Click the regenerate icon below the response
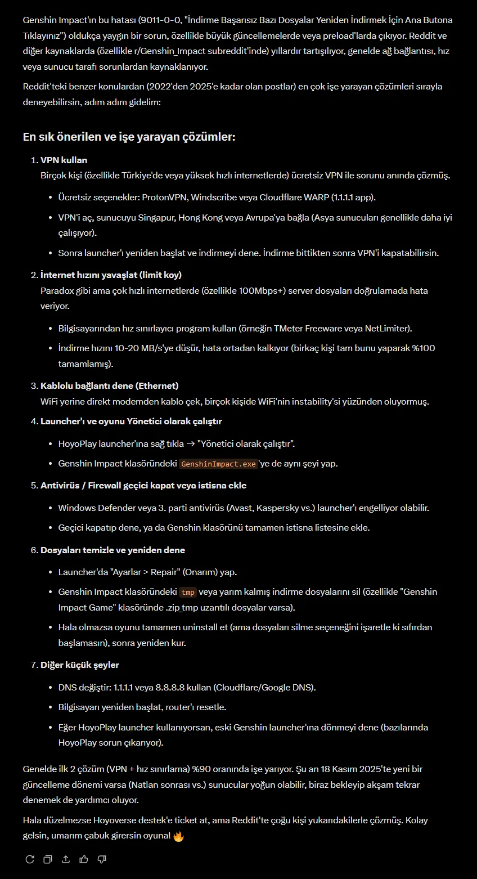pos(30,859)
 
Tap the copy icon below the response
pos(48,859)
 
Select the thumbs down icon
pos(102,859)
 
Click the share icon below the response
pos(66,859)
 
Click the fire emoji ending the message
pos(178,836)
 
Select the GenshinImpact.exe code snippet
pos(218,464)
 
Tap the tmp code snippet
pos(188,592)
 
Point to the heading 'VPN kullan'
pos(64,160)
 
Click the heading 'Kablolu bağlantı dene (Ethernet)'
pos(109,386)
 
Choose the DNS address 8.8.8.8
pos(173,688)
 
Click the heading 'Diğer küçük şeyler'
pos(79,665)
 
